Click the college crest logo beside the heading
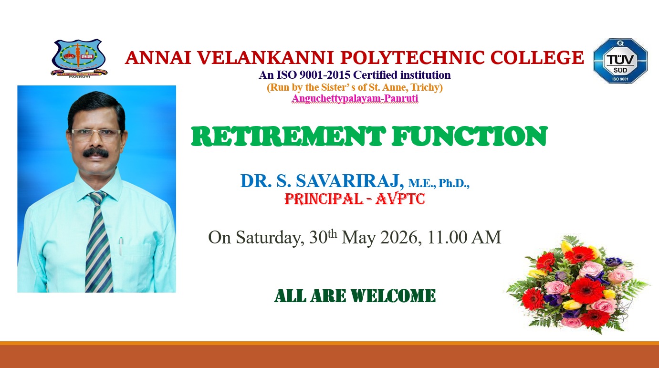[x=79, y=58]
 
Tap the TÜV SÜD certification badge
[x=620, y=61]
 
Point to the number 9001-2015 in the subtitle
[x=325, y=75]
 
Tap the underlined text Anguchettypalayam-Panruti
[x=355, y=98]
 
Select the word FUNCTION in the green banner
[x=469, y=136]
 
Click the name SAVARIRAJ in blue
[x=350, y=180]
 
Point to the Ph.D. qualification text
[x=454, y=183]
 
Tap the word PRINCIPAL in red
[x=324, y=199]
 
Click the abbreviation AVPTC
[x=400, y=199]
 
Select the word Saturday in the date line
[x=270, y=237]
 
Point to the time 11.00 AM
[x=464, y=237]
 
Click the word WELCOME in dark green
[x=393, y=295]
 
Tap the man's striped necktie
[x=99, y=241]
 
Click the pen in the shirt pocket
[x=121, y=246]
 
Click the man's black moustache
[x=95, y=153]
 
